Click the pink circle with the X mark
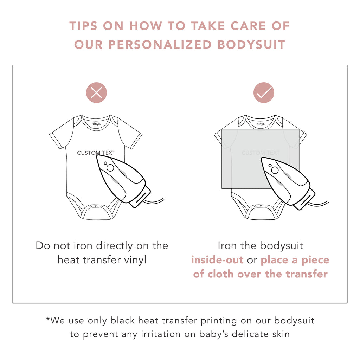pos(96,92)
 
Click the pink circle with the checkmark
pos(264,92)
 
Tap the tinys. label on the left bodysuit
pos(96,124)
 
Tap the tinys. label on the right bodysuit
pos(261,124)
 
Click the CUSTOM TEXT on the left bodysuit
pos(96,153)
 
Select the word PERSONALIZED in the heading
pos(160,45)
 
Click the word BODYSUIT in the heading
pos(251,45)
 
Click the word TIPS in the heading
pos(83,26)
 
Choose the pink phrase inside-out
pos(217,260)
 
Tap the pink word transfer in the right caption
pos(307,274)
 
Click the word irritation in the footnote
pos(161,334)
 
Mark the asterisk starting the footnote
pos(48,319)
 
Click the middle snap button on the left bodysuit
pos(96,206)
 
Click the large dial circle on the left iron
pos(110,168)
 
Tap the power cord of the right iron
pos(318,204)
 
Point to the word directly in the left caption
pos(114,246)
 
